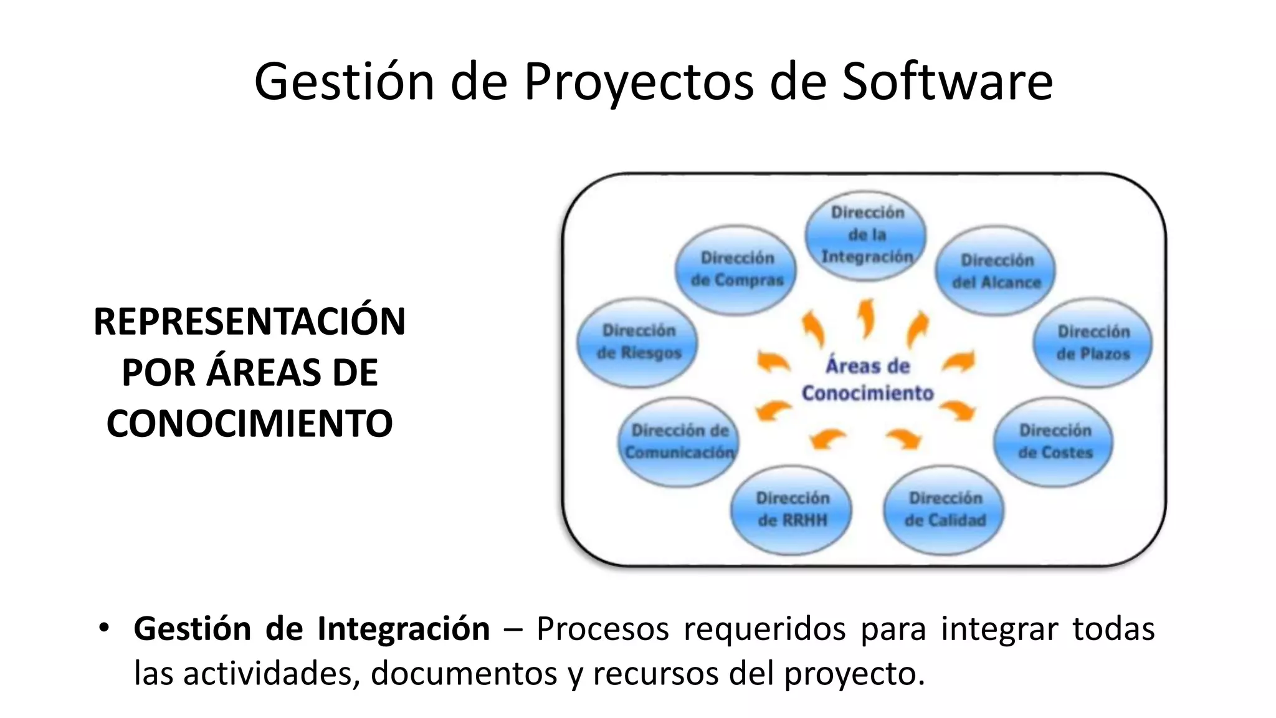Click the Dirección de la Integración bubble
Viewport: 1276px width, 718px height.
coord(866,235)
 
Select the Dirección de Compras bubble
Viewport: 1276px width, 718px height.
coord(736,269)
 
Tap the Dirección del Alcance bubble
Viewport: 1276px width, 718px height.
coord(996,271)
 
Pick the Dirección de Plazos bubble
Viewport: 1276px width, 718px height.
coord(1093,342)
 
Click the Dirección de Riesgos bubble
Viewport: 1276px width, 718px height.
coord(638,342)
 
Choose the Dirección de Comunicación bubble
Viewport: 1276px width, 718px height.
coord(679,441)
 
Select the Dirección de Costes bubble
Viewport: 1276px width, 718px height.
coord(1054,441)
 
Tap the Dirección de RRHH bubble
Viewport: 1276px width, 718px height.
coord(792,509)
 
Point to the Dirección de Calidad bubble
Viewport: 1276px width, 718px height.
coord(945,509)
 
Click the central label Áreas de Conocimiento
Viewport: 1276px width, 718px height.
coord(867,380)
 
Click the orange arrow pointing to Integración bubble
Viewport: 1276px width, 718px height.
coord(866,318)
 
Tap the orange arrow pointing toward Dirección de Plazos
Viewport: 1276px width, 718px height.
coord(959,361)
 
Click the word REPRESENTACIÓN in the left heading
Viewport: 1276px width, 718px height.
coord(249,322)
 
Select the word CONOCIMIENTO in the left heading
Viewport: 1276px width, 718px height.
coord(249,424)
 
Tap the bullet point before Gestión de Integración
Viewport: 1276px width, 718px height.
coord(104,627)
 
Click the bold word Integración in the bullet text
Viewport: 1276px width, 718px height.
coord(403,628)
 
